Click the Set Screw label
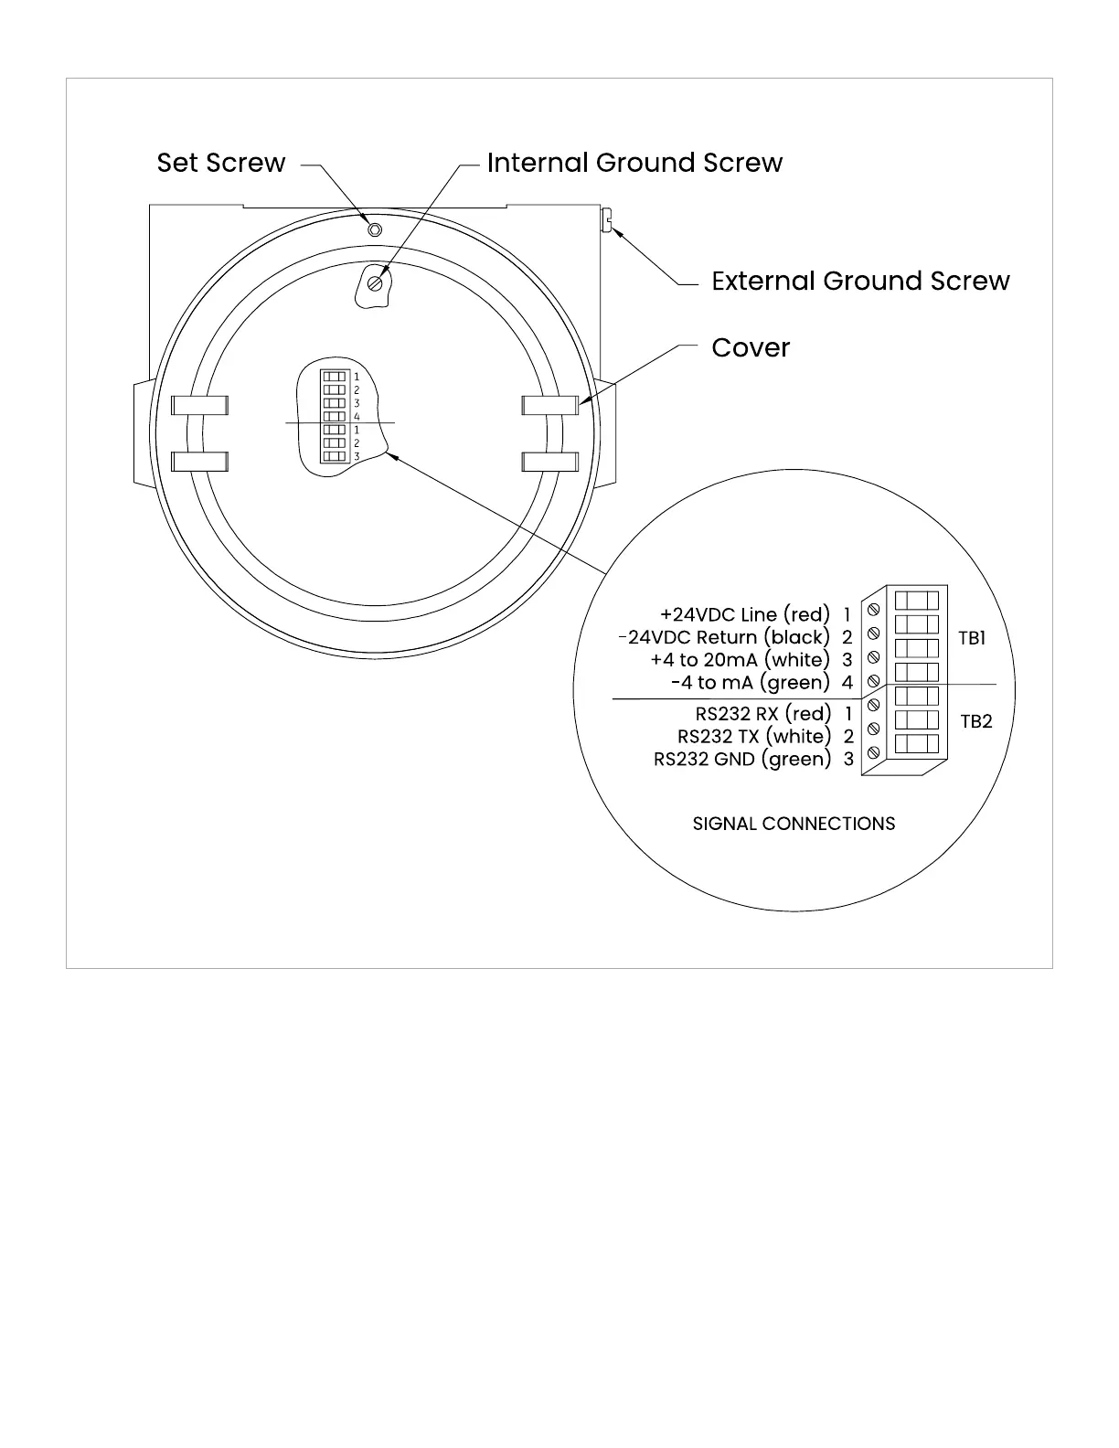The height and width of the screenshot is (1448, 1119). click(x=221, y=163)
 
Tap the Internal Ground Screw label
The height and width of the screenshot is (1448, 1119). click(x=634, y=163)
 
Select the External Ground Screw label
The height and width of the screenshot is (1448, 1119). click(x=860, y=281)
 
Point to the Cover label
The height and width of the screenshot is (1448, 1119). click(x=751, y=347)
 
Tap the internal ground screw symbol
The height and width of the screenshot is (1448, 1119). click(x=374, y=283)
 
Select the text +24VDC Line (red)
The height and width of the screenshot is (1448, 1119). click(x=744, y=614)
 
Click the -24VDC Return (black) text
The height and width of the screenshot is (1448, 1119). click(x=724, y=637)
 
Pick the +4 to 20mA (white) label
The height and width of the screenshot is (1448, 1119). click(x=740, y=659)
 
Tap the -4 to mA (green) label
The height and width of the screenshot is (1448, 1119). click(x=750, y=682)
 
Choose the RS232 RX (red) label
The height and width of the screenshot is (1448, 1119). click(x=763, y=713)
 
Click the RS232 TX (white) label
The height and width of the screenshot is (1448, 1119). click(x=754, y=736)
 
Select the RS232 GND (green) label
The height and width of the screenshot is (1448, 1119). click(x=742, y=759)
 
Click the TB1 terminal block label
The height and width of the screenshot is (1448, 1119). click(x=972, y=638)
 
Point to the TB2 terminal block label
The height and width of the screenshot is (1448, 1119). click(x=975, y=721)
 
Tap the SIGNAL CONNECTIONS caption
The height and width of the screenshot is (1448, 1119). click(x=794, y=824)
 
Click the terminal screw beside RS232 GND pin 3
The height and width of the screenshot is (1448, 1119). click(x=873, y=752)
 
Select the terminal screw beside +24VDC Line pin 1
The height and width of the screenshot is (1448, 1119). click(x=873, y=608)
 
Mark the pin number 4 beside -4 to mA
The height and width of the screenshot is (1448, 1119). click(x=847, y=682)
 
